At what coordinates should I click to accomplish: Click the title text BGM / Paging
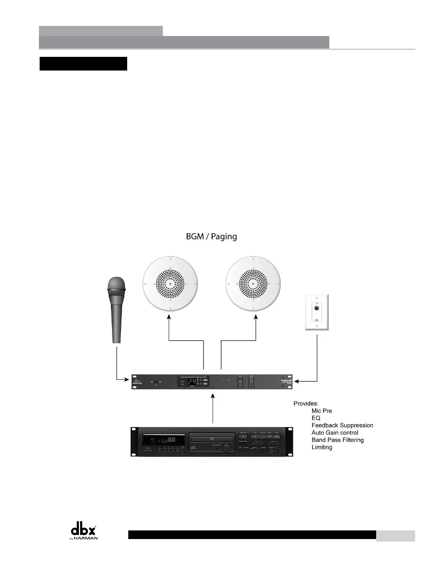pos(211,236)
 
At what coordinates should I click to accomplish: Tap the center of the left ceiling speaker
pos(170,283)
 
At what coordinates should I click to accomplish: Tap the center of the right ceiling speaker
pos(253,283)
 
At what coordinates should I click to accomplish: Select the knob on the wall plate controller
pos(316,308)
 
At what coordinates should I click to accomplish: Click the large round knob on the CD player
pos(227,448)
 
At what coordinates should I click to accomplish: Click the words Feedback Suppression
pos(342,425)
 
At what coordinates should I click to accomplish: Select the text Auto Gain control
pos(335,433)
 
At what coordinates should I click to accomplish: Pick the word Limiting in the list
pos(322,447)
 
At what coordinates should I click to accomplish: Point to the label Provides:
pos(306,403)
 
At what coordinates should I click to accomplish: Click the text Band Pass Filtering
pos(338,440)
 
